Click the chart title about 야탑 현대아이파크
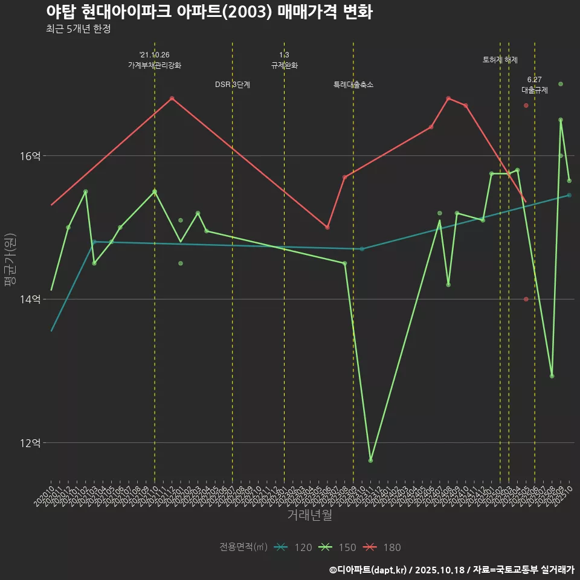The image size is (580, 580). tap(208, 12)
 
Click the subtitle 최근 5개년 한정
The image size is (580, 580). tap(78, 29)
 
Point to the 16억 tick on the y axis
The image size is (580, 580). tap(30, 156)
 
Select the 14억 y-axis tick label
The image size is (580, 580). tap(30, 299)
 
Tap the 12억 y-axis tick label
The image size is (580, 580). tap(30, 443)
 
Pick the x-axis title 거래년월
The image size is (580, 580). tap(309, 515)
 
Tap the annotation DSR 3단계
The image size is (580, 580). tap(233, 85)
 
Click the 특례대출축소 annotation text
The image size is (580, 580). tap(353, 85)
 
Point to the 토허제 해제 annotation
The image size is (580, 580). tap(500, 60)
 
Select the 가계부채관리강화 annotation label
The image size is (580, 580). tap(155, 65)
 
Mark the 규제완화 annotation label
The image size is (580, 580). tap(285, 65)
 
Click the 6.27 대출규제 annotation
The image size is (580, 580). tap(535, 85)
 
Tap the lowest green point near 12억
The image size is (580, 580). tap(370, 460)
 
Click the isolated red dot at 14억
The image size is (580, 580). tap(526, 299)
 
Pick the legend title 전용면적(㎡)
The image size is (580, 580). tap(243, 547)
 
